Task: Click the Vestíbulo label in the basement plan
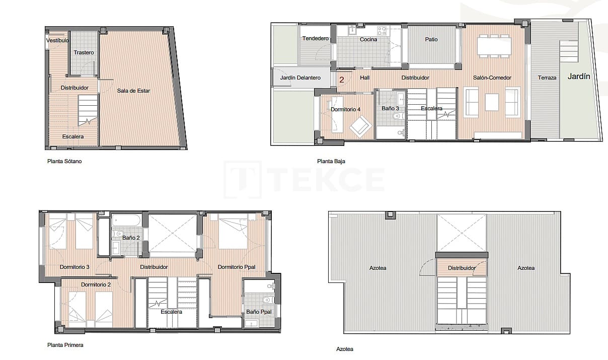coord(57,40)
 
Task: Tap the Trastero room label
coord(84,52)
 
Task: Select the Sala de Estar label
coord(133,91)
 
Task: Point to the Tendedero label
coord(315,39)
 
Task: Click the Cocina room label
coord(368,39)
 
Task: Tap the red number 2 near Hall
coord(342,80)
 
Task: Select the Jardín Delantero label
coord(300,78)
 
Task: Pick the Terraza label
coord(547,78)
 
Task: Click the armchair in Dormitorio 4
coord(360,126)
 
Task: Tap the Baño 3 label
coord(390,108)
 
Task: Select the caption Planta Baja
coord(331,162)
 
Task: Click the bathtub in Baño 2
coord(126,221)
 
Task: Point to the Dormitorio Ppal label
coord(236,267)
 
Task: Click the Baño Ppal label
coord(259,312)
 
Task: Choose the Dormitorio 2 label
coord(96,284)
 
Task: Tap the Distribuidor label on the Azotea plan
coord(462,268)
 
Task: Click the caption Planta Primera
coord(65,345)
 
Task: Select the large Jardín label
coord(579,77)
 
